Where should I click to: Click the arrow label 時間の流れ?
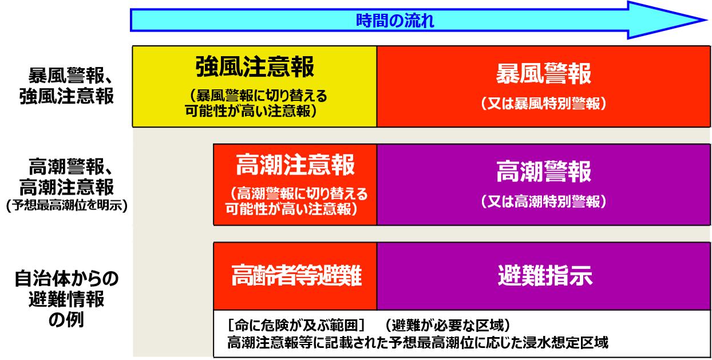(395, 21)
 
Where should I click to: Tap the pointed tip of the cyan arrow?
(706, 20)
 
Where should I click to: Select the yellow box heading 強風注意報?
(255, 67)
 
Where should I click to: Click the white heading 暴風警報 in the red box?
(544, 74)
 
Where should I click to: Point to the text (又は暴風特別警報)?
(544, 104)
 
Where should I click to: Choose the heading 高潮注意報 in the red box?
(295, 165)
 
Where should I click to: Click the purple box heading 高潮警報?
(544, 172)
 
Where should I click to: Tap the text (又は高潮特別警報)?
(544, 201)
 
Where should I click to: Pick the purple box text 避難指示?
(545, 275)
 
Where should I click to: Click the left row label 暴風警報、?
(70, 76)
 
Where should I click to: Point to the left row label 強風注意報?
(66, 96)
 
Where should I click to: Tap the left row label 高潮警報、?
(70, 167)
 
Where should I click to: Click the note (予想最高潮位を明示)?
(67, 205)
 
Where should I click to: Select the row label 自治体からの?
(66, 278)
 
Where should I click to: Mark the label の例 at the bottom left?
(66, 319)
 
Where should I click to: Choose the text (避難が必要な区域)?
(448, 325)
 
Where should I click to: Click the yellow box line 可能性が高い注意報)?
(251, 111)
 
